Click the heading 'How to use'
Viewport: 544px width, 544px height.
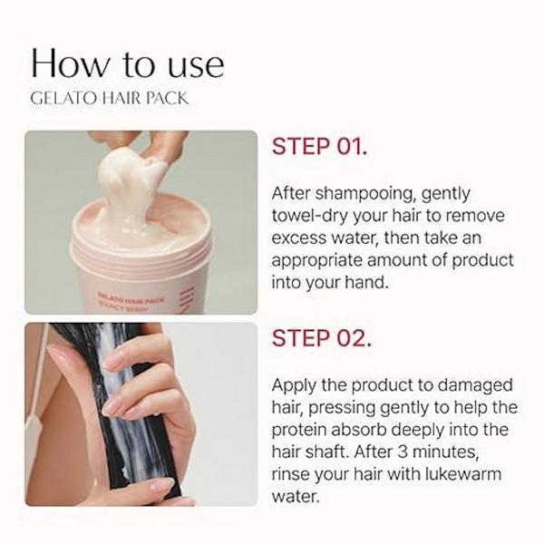pos(127,63)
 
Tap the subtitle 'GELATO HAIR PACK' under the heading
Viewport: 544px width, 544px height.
pos(110,98)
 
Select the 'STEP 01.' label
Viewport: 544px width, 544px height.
pos(319,147)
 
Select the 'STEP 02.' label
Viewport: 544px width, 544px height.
pos(321,338)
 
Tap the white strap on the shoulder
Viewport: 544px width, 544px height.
pos(35,417)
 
